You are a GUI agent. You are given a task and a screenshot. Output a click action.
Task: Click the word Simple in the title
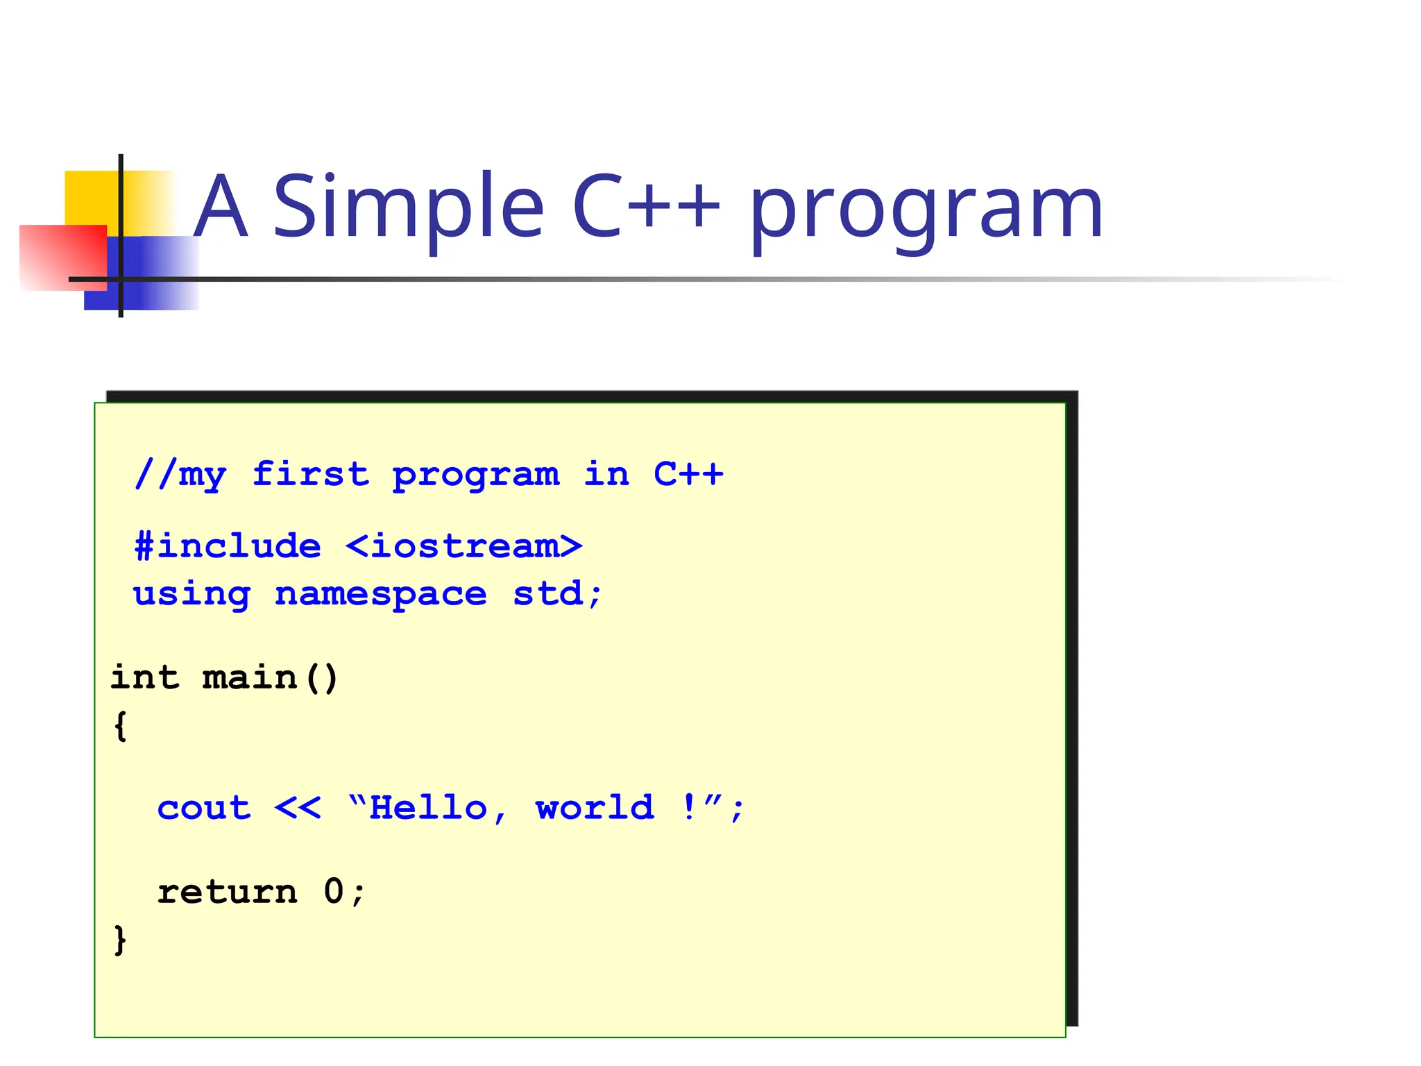(x=408, y=207)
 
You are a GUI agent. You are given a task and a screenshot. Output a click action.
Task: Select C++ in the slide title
(x=646, y=206)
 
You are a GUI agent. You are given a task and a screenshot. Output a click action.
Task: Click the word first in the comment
(x=310, y=475)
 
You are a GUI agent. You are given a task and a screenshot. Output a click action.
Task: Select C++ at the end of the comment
(x=688, y=475)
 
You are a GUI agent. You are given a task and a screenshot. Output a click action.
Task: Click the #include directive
(x=228, y=546)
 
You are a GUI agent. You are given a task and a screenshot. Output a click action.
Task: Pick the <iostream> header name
(x=463, y=546)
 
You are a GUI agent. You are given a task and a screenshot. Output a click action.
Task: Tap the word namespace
(x=380, y=594)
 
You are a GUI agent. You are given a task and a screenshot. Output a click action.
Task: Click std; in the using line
(x=557, y=594)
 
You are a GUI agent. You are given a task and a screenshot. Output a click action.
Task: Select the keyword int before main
(x=145, y=677)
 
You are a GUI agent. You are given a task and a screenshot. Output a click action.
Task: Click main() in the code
(x=270, y=677)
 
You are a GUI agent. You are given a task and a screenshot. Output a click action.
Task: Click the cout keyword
(x=204, y=808)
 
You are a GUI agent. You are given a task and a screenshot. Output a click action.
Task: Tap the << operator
(x=298, y=808)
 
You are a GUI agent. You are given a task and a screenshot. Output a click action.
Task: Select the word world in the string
(x=595, y=808)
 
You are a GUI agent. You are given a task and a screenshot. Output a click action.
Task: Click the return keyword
(x=228, y=892)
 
